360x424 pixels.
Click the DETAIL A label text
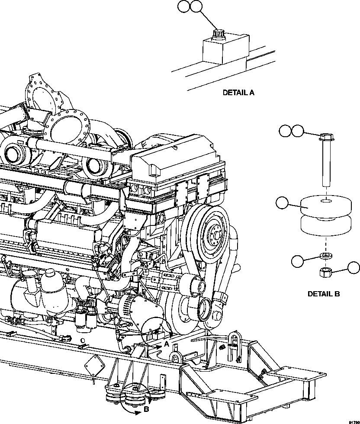tap(238, 92)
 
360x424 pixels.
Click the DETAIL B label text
tap(323, 294)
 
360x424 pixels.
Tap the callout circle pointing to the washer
tap(297, 261)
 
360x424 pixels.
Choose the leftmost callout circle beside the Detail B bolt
tap(285, 131)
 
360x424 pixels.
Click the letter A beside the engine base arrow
tap(166, 344)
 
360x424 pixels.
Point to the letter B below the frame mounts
tap(146, 408)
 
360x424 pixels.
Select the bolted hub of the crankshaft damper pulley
tap(214, 233)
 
